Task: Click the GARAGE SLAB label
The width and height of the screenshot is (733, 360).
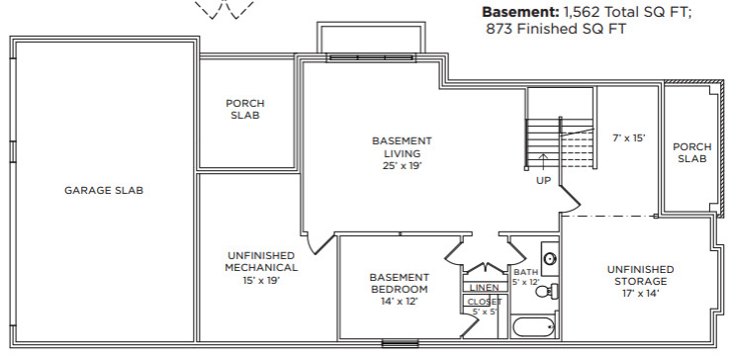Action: tap(104, 190)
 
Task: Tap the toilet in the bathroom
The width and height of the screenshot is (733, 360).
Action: tap(546, 292)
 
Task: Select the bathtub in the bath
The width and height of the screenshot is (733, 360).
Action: tap(533, 326)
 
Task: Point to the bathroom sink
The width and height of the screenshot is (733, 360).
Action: tap(550, 257)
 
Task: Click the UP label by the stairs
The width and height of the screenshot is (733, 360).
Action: tap(543, 180)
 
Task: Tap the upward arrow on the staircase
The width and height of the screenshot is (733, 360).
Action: tap(543, 163)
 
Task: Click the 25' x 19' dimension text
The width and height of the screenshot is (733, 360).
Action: tap(402, 165)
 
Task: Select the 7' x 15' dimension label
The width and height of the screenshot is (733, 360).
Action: tap(629, 137)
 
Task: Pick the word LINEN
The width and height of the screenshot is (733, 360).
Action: tap(485, 288)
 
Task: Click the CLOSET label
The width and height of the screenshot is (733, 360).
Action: tap(485, 302)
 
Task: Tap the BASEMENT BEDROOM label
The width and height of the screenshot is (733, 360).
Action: tap(399, 283)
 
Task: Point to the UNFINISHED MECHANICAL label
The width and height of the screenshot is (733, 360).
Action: tap(261, 262)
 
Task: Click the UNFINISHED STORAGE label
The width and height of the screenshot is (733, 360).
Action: tap(640, 275)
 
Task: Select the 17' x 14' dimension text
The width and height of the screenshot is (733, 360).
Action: tap(640, 294)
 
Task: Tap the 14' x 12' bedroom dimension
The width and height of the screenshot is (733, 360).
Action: tap(399, 302)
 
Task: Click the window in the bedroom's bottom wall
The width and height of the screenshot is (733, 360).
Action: tap(393, 344)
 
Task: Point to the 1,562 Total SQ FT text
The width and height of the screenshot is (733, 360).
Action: tap(626, 12)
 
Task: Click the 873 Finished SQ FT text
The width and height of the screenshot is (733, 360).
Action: tap(556, 29)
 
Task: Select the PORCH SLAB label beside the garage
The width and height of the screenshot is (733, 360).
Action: tap(245, 109)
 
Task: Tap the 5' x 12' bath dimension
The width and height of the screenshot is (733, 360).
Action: tap(526, 283)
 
